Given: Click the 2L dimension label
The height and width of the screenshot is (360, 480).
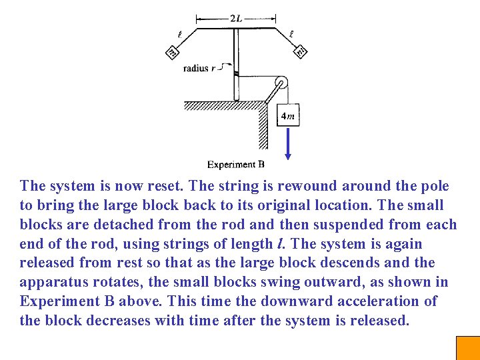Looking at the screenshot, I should click(236, 19).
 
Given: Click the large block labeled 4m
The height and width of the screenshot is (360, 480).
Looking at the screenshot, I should click(287, 116).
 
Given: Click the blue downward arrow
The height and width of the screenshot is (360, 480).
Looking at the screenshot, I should click(288, 144).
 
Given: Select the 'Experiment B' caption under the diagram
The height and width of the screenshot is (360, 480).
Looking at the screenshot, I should click(235, 164).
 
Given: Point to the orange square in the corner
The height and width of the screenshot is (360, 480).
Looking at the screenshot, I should click(467, 348).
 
